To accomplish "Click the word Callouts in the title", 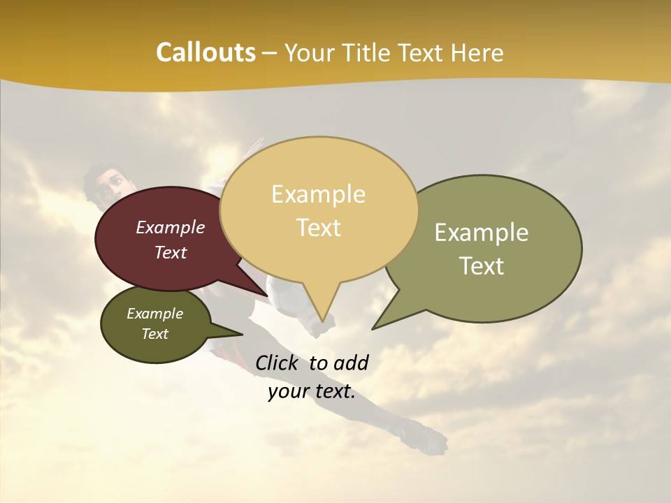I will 205,52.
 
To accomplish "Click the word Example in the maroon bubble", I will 171,227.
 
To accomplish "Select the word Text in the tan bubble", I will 319,228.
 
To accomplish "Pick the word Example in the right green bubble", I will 482,233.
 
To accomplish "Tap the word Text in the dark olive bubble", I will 155,334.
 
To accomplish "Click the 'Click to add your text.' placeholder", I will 312,377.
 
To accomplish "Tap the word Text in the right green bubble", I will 482,266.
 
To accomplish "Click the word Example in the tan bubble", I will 319,194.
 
